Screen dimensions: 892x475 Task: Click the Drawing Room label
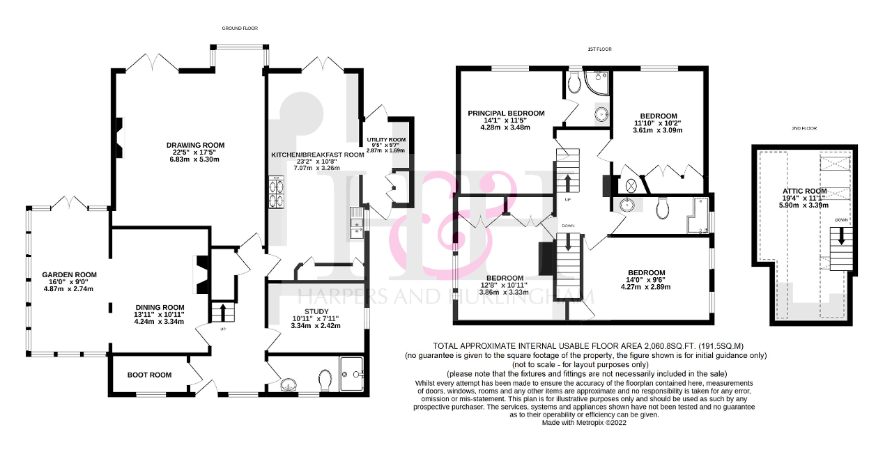(x=196, y=145)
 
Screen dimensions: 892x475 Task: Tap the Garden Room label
(x=69, y=274)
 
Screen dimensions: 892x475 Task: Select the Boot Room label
(x=149, y=375)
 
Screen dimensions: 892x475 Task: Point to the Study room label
(x=316, y=311)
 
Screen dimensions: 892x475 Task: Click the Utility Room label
(x=386, y=139)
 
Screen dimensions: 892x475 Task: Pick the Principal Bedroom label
(x=506, y=114)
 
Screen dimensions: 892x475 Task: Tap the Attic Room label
(x=804, y=191)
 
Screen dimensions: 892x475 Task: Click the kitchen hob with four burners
(x=277, y=192)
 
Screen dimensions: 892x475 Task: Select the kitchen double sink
(x=357, y=223)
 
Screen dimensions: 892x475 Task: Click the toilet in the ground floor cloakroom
(x=325, y=379)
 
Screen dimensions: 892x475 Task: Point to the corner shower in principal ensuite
(x=597, y=83)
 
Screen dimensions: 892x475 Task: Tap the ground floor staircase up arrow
(x=222, y=313)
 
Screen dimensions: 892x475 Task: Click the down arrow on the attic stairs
(x=841, y=236)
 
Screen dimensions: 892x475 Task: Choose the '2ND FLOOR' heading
(x=804, y=128)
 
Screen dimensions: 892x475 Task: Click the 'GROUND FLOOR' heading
(x=240, y=29)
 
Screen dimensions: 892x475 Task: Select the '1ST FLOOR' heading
(x=600, y=49)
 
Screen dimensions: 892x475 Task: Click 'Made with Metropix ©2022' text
(x=584, y=423)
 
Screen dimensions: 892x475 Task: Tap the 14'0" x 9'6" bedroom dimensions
(x=645, y=280)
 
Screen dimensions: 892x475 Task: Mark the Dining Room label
(x=160, y=308)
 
